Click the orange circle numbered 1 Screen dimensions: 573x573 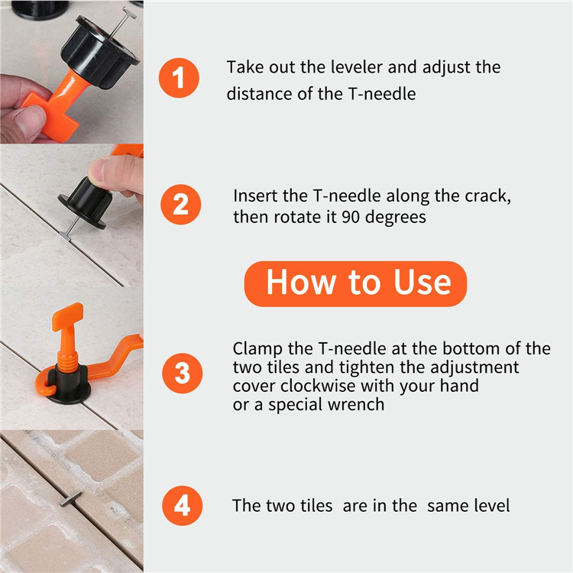coord(179,78)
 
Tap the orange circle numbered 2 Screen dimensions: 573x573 coord(180,204)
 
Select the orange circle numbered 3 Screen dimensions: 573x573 coord(182,373)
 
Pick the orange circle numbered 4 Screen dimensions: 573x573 coord(182,506)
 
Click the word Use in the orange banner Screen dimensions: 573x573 coord(422,282)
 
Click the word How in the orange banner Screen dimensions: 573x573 coord(301,282)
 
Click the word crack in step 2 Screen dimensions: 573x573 coord(487,197)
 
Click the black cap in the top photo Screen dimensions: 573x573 coord(99,51)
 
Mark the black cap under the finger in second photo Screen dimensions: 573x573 coord(86,202)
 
